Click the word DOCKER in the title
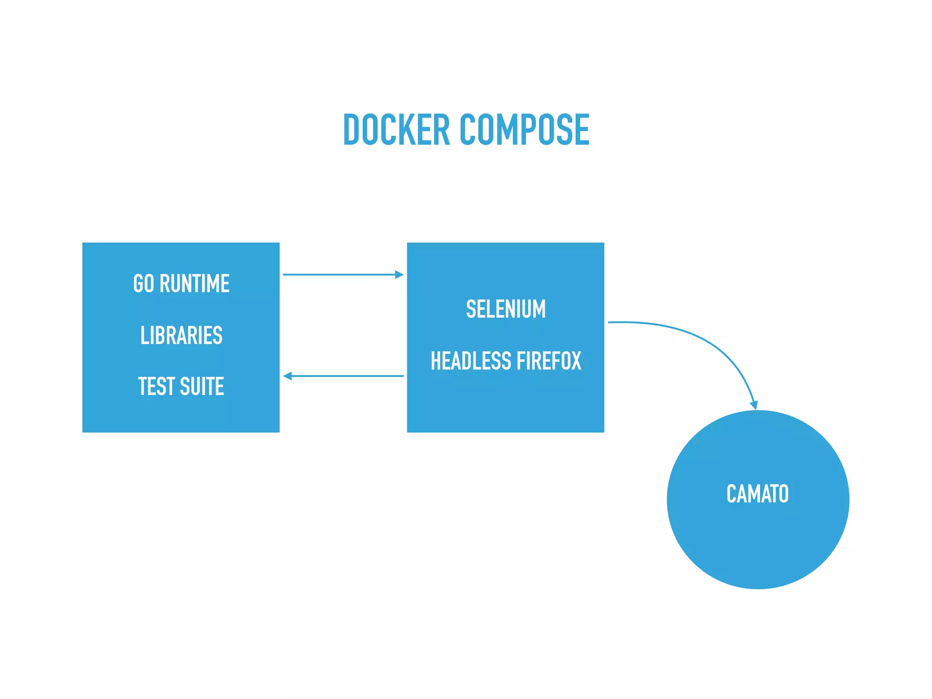[x=396, y=130]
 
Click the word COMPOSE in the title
[x=524, y=130]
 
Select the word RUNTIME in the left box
[x=194, y=284]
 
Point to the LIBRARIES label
[x=181, y=335]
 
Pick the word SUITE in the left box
[x=202, y=386]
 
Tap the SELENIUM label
[x=506, y=309]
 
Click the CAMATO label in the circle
[x=757, y=494]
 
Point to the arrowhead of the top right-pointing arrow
[x=399, y=274]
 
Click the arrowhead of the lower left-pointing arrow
[x=288, y=376]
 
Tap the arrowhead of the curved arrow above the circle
[x=754, y=405]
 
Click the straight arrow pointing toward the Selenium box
[x=339, y=274]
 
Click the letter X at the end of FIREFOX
[x=575, y=361]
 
